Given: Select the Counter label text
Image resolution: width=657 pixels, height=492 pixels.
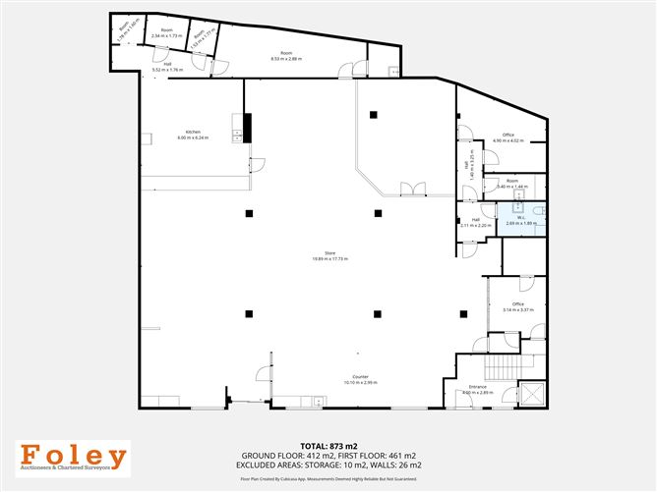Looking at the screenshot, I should pos(361,379).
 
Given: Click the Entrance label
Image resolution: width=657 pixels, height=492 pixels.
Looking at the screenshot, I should pos(477,390).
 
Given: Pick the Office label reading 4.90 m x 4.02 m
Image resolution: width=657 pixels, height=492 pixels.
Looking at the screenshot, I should pos(508,137).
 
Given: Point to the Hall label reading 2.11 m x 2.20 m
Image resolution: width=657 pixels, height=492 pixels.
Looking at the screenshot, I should pos(476,223).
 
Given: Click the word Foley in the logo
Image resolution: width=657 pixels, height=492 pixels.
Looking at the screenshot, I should pos(75,457).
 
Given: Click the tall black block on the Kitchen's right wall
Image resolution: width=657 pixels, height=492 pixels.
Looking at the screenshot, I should pos(248,127).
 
